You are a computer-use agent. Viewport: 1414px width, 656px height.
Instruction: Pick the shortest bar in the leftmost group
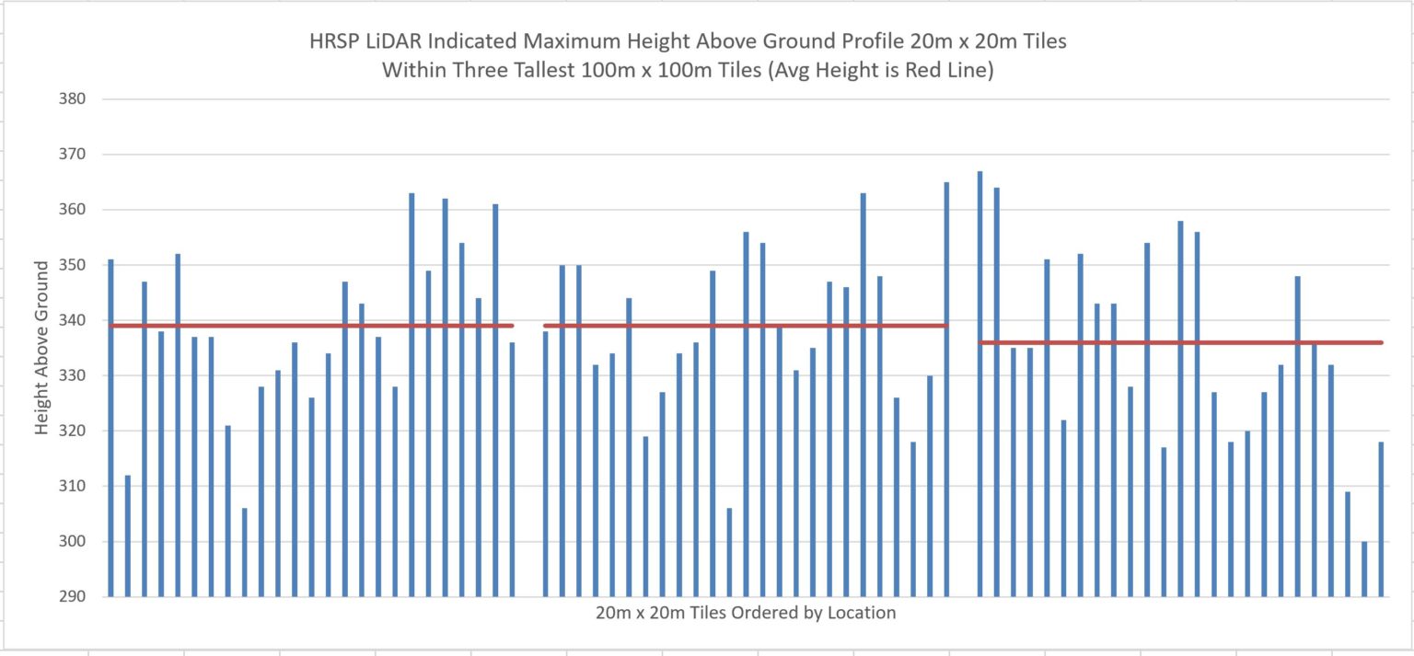[x=244, y=552]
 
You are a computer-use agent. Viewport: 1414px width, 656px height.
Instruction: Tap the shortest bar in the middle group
[x=729, y=552]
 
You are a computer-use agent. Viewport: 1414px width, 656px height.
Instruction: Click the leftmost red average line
[x=311, y=326]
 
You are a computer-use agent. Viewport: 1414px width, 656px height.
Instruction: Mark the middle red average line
[x=746, y=326]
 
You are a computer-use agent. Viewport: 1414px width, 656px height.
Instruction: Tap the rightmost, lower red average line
[x=1181, y=342]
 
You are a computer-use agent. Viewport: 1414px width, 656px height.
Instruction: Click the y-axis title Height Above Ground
[x=42, y=348]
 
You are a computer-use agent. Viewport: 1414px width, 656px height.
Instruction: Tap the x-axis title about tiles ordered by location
[x=745, y=613]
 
